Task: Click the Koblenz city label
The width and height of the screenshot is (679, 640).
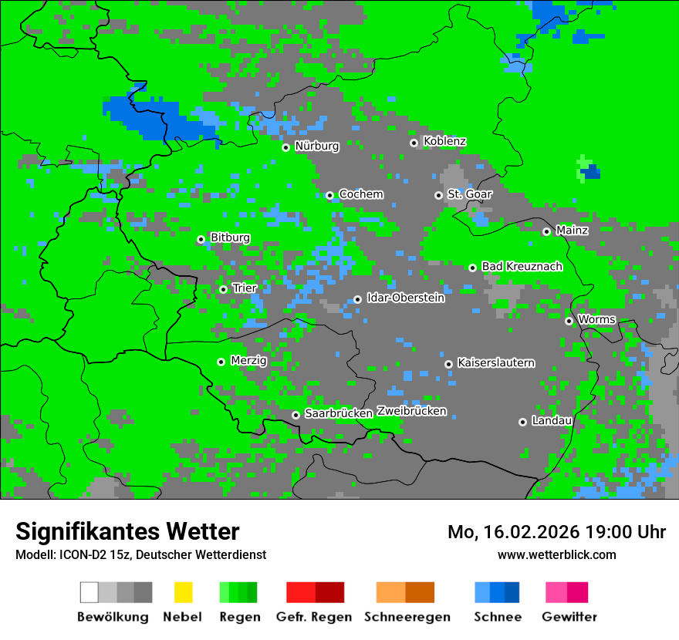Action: [x=444, y=141]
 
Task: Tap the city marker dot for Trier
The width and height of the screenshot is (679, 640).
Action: [x=223, y=289]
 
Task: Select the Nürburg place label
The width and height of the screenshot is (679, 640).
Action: [x=316, y=146]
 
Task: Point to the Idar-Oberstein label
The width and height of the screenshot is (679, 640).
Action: [x=405, y=298]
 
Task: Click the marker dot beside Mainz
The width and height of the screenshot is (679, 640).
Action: [x=546, y=231]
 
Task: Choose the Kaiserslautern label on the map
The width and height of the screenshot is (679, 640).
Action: [x=495, y=362]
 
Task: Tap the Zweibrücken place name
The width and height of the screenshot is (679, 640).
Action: [x=411, y=411]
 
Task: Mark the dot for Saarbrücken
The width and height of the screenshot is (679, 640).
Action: [x=296, y=415]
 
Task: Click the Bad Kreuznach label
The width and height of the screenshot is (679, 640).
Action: [x=522, y=266]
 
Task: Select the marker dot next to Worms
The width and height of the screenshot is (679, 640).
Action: [x=569, y=321]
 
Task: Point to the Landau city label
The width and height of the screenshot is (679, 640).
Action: [x=552, y=420]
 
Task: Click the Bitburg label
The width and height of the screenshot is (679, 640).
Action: [x=230, y=237]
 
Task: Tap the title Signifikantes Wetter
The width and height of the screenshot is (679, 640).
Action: [x=127, y=531]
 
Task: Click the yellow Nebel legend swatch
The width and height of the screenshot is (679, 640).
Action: [x=183, y=592]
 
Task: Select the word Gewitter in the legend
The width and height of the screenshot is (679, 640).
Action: [x=569, y=617]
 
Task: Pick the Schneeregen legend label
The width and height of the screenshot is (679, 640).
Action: [x=407, y=617]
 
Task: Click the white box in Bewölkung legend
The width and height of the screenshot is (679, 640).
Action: [x=89, y=592]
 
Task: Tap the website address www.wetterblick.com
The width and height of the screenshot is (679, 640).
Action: [x=556, y=554]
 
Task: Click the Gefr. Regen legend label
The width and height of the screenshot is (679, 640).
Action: [x=313, y=617]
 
